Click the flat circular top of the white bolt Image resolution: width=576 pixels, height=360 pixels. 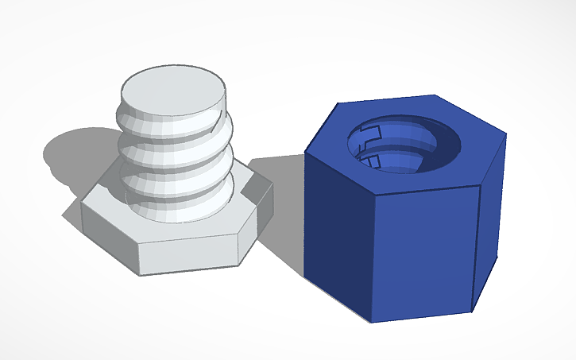click(x=173, y=89)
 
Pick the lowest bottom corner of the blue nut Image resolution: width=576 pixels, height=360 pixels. click(x=372, y=323)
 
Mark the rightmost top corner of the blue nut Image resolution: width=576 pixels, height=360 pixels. click(x=506, y=133)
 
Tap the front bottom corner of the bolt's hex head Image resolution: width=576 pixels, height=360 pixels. click(x=239, y=261)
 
